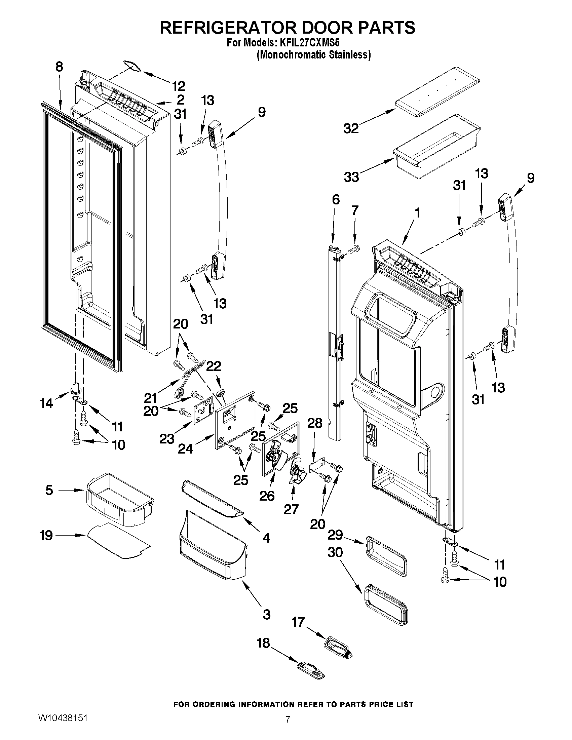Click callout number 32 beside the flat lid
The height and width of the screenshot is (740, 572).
(351, 128)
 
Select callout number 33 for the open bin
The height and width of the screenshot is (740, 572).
(351, 177)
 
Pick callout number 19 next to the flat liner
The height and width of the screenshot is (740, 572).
(46, 536)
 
